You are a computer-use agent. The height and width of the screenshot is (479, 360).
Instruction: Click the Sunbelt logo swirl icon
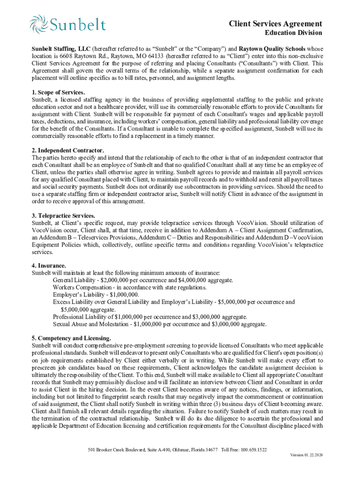click(39, 24)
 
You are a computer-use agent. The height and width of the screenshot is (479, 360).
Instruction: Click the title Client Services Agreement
click(275, 24)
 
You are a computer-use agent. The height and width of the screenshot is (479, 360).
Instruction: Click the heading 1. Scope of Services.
click(58, 92)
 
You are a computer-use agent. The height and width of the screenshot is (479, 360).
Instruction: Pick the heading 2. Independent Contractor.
click(68, 151)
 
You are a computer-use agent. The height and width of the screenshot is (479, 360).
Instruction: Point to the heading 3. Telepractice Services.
click(63, 216)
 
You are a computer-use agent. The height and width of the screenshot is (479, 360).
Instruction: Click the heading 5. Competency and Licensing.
click(71, 338)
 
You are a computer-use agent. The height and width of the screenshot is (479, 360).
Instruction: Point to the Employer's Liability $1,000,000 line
click(96, 295)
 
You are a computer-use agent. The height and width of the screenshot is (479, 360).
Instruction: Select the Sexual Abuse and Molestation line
click(159, 324)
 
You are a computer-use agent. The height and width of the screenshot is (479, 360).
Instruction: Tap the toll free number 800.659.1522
click(252, 450)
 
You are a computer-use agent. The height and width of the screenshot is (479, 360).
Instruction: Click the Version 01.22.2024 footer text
click(306, 455)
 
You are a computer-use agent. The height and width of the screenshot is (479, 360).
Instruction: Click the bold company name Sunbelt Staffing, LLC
click(61, 49)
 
